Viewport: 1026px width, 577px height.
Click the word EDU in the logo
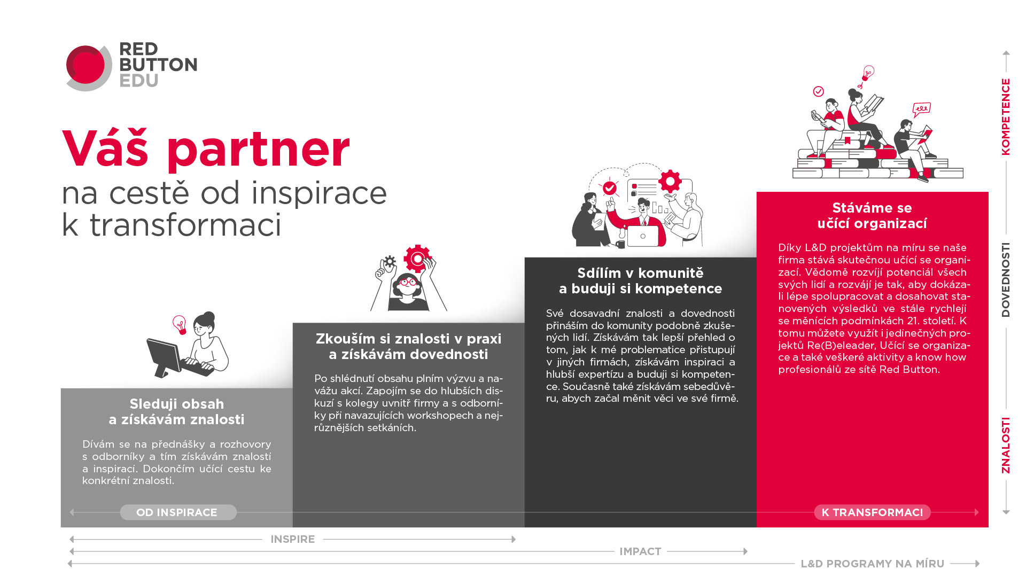coord(139,81)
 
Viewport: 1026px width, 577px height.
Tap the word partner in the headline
coord(259,150)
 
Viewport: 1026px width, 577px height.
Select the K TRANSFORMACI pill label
coord(872,512)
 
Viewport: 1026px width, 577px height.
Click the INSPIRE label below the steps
coord(293,539)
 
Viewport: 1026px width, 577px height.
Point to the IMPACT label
coord(640,551)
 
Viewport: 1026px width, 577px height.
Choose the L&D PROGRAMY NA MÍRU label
coord(873,564)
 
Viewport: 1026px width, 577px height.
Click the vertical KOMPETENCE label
coord(1006,117)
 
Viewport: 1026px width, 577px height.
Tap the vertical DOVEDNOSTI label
coord(1006,280)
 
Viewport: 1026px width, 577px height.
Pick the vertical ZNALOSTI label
coord(1006,446)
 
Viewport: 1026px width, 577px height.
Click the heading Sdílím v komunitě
coord(641,273)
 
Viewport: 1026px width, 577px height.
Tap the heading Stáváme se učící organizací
coord(872,215)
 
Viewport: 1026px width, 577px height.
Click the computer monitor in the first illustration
coord(165,356)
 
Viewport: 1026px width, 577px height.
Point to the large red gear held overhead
coord(417,259)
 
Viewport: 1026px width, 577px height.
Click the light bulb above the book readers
coord(868,73)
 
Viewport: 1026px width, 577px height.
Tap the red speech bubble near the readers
coord(921,110)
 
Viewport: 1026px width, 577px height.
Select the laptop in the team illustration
coord(643,236)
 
